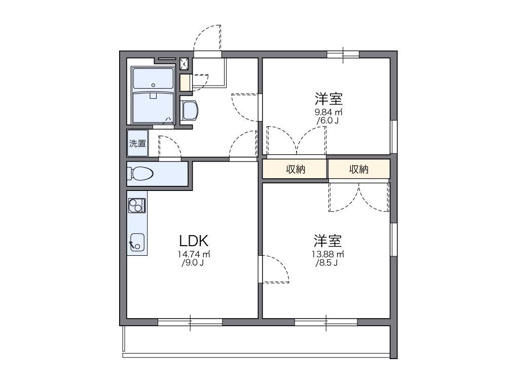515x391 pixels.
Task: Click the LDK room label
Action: [193, 240]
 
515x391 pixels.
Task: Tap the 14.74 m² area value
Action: [194, 254]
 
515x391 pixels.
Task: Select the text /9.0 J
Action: [193, 263]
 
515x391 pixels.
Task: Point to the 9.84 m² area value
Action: [328, 112]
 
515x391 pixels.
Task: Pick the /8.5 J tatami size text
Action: [327, 263]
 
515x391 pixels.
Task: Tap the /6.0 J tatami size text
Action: [327, 121]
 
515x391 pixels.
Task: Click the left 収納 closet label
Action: [295, 170]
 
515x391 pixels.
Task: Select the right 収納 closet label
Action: [359, 170]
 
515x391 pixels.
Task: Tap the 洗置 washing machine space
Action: [137, 143]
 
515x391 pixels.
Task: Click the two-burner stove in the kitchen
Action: [137, 206]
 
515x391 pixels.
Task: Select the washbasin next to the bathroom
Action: [189, 110]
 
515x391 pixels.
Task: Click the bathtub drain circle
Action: [154, 95]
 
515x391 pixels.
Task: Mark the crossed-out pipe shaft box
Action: [185, 64]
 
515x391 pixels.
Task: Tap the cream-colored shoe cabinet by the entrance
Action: [185, 82]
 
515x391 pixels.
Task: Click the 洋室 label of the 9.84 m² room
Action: [328, 98]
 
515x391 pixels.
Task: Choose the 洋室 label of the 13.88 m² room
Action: [327, 240]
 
